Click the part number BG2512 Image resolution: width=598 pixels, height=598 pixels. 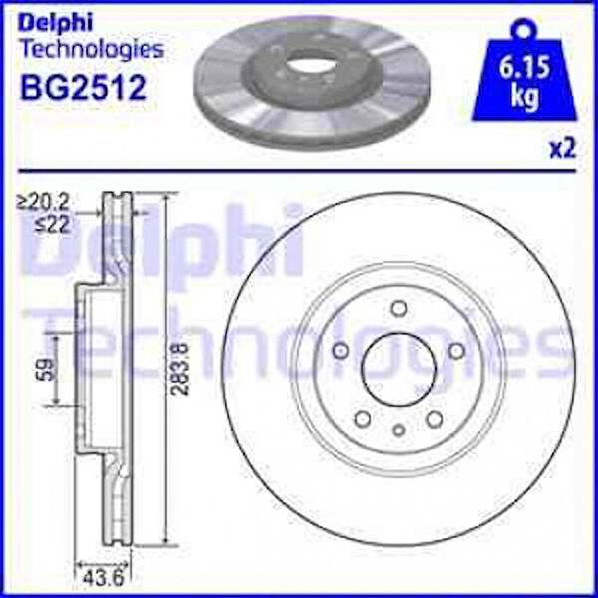(x=83, y=88)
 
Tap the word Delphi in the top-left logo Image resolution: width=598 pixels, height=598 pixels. (x=55, y=24)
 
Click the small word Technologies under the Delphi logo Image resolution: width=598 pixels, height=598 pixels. (x=93, y=49)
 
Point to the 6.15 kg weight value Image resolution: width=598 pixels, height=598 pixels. (x=524, y=81)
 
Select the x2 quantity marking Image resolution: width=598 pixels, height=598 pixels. (x=562, y=149)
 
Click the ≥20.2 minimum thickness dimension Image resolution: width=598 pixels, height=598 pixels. (x=43, y=203)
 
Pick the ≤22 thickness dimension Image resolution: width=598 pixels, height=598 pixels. (x=53, y=225)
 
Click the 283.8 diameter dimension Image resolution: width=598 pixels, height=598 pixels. (x=180, y=369)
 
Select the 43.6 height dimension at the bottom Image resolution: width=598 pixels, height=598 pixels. (x=103, y=579)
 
